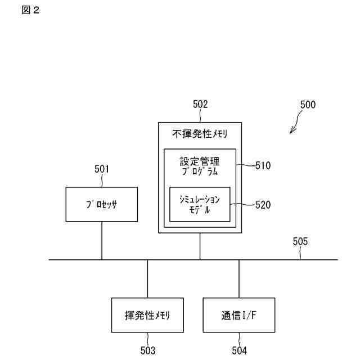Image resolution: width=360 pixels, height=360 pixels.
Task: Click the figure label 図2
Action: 31,10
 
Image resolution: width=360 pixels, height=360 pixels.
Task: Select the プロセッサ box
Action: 101,204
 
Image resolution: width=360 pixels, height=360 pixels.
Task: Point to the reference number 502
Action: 200,104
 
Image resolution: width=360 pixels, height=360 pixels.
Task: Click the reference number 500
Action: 308,104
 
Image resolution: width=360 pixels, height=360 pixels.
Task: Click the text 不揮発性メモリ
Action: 200,134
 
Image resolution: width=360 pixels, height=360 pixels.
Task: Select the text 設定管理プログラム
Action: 200,165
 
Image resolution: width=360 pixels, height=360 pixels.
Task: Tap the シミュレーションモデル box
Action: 200,204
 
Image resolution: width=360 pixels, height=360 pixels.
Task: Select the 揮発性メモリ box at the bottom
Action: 147,315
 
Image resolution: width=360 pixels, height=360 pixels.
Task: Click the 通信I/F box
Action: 239,315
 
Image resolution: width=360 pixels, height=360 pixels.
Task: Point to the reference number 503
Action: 147,351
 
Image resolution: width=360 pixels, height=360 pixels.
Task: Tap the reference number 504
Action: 239,351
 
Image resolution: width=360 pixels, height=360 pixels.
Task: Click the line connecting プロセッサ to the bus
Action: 102,240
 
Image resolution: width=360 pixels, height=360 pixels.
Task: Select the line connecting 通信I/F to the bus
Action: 239,279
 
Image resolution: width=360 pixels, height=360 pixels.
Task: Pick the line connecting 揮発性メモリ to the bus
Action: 147,279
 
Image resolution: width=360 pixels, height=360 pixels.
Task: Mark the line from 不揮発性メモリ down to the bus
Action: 200,247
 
